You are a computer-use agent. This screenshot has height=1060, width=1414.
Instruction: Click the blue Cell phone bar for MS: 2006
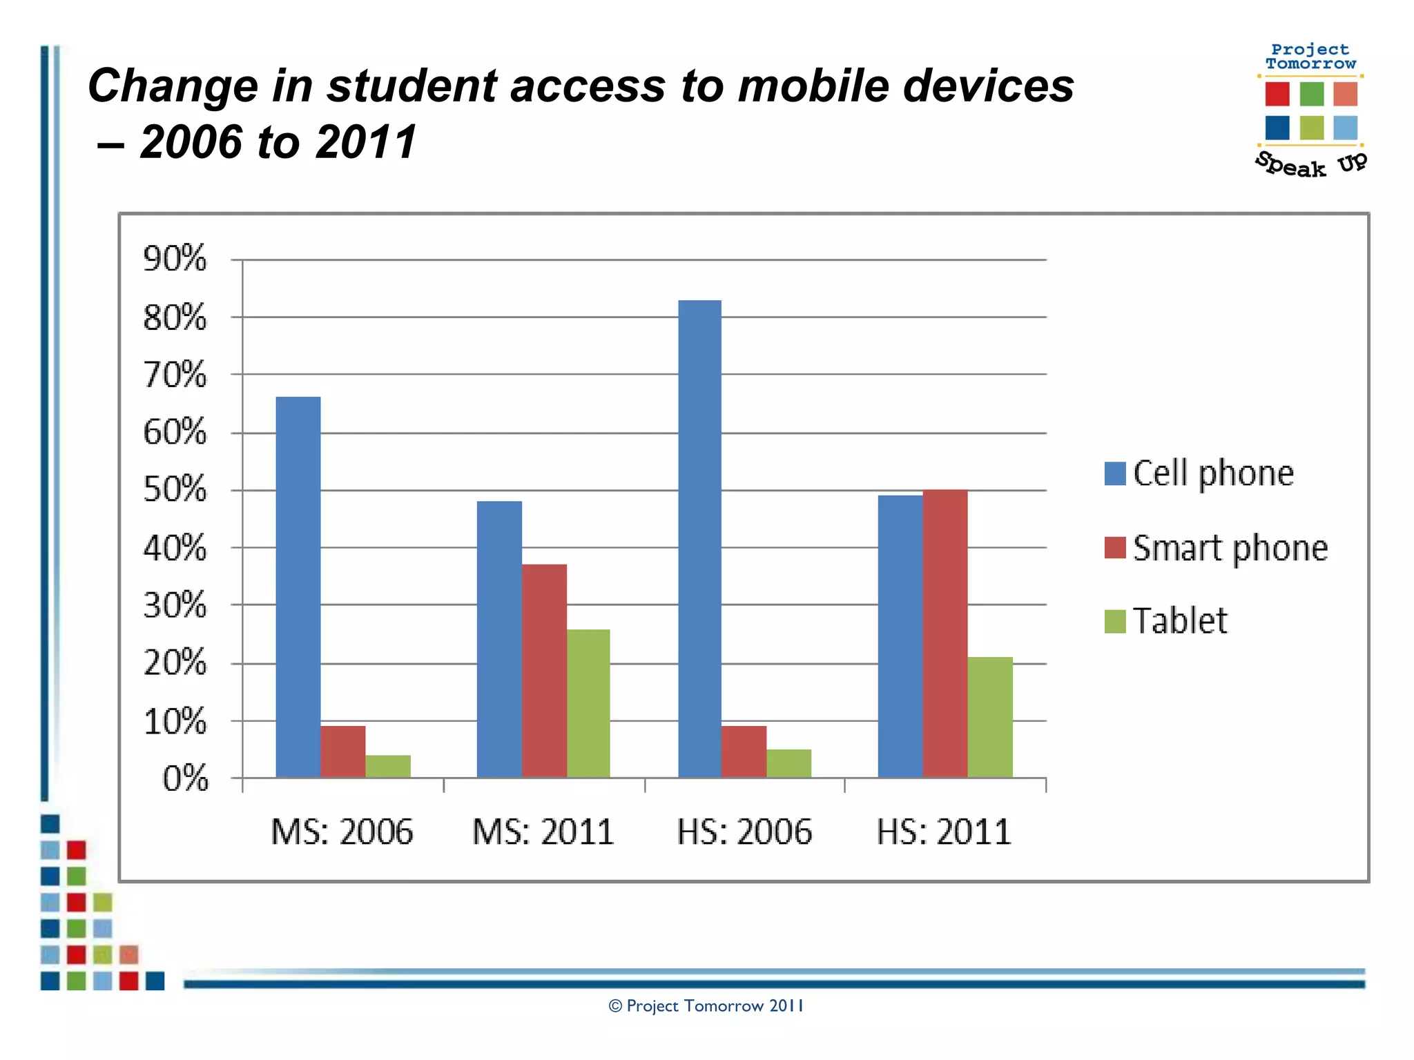coord(298,587)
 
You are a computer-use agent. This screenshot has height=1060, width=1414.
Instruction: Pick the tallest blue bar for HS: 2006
coord(699,538)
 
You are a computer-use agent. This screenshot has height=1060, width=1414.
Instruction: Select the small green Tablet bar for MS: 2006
coord(388,766)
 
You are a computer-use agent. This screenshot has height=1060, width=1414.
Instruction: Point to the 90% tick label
coord(175,259)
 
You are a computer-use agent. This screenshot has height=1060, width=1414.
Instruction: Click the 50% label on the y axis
coord(175,489)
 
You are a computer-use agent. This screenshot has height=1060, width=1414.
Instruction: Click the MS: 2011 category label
coord(543,832)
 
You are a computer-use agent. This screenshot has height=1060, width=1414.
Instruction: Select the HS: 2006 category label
coord(744,832)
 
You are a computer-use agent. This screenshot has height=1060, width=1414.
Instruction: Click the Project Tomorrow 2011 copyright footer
coord(706,1006)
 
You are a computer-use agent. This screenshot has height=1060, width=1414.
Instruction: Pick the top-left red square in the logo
coord(1277,94)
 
